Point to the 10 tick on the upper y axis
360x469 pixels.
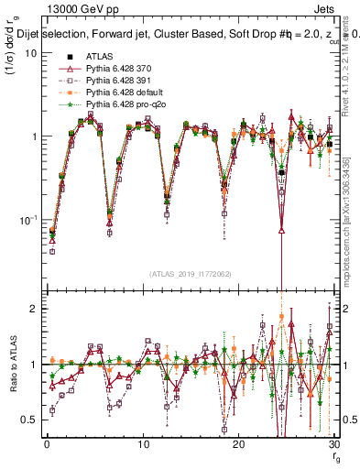31,52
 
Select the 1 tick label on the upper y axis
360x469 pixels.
34,136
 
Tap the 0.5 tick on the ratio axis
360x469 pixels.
29,420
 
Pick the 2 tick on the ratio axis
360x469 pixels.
34,309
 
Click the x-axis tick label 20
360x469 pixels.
238,444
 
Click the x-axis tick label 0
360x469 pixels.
47,444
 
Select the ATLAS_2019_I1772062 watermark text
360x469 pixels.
191,274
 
